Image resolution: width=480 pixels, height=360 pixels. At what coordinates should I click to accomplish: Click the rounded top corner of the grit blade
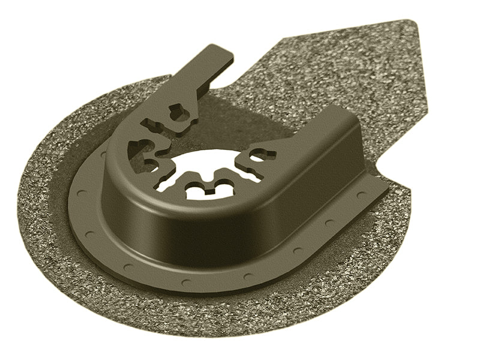point(413,25)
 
